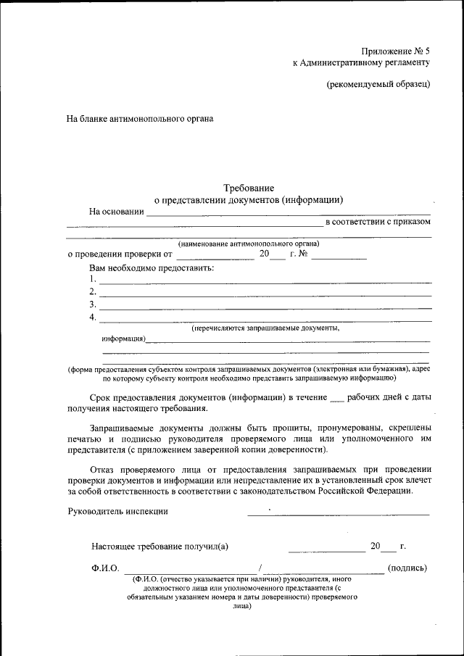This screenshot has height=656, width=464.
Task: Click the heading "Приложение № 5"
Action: (x=395, y=51)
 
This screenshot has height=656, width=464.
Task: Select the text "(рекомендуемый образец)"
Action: (x=378, y=83)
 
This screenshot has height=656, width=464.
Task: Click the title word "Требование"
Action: (x=249, y=188)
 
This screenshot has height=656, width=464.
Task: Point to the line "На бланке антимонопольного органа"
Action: (x=140, y=117)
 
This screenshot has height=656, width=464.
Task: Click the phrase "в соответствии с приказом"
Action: (x=378, y=222)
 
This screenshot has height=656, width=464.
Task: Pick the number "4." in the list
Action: (x=93, y=317)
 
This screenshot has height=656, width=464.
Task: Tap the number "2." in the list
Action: (x=93, y=292)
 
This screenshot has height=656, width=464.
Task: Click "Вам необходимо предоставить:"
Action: (x=152, y=268)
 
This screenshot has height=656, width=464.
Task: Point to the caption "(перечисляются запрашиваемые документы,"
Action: (x=265, y=328)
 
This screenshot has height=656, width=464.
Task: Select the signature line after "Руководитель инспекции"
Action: (x=338, y=514)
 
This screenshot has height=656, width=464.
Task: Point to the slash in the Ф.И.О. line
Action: (x=259, y=568)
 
